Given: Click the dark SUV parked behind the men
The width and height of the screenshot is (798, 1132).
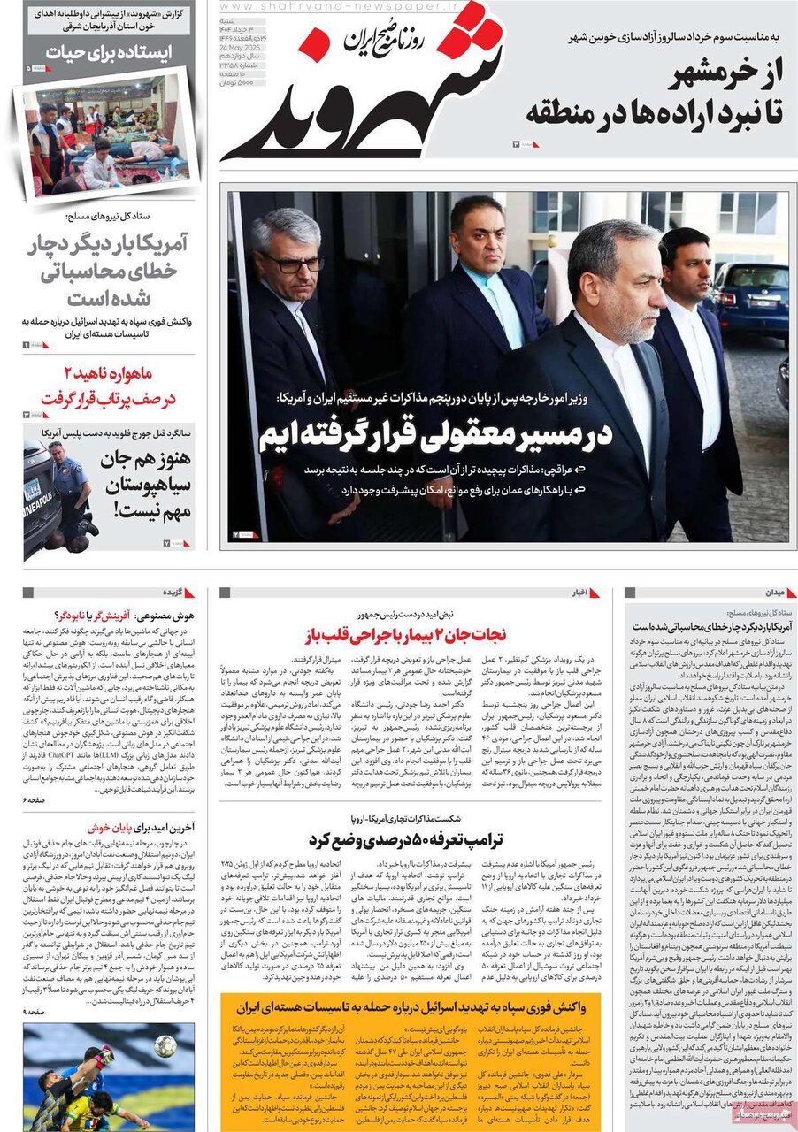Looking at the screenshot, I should click(748, 302).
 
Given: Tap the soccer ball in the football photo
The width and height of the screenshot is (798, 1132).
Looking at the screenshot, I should click(165, 1045).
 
